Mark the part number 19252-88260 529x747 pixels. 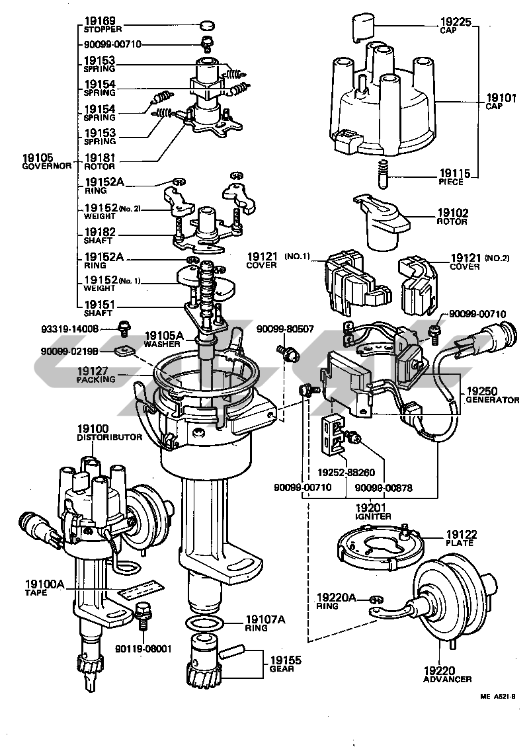(343, 473)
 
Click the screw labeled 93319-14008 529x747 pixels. (123, 327)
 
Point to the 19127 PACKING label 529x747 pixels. (96, 375)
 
